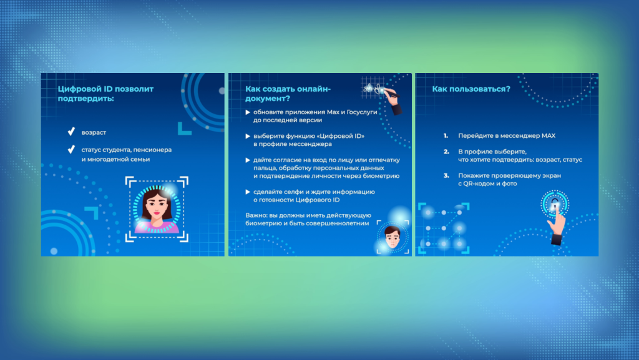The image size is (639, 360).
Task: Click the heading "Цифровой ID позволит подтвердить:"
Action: coord(105,94)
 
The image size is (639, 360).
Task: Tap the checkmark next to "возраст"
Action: coord(71,132)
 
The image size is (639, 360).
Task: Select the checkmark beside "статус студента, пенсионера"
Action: coord(71,150)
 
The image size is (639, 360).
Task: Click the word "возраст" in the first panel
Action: coord(94,132)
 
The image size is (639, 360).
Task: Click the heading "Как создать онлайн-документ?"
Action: coord(288,94)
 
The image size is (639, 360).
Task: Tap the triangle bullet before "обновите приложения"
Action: coord(248,112)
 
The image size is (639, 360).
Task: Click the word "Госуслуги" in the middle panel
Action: coord(362,112)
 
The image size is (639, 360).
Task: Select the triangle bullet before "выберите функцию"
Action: coord(248,136)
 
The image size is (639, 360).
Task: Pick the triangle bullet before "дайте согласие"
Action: coord(248,160)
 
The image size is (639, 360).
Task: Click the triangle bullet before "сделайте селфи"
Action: coord(248,192)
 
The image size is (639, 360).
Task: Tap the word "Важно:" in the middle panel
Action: coord(256,215)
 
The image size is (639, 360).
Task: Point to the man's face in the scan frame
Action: coord(393,236)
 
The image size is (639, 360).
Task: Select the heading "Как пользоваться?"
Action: coord(471,89)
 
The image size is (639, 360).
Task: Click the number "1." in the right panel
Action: coord(446,135)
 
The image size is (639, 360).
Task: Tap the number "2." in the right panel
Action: coord(446,152)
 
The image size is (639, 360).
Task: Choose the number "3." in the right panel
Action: coord(446,175)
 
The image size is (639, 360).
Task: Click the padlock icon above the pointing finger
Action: coord(555,203)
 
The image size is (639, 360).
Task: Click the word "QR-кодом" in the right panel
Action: coord(478,183)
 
